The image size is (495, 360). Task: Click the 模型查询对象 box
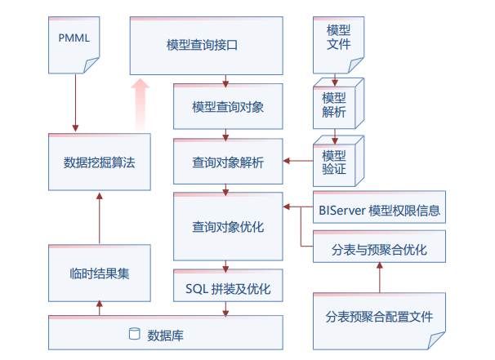(227, 106)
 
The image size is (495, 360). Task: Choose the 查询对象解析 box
(227, 162)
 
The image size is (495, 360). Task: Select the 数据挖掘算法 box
(99, 162)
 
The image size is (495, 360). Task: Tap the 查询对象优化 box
(227, 227)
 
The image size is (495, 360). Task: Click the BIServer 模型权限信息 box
(380, 210)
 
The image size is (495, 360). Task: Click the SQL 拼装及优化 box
(227, 288)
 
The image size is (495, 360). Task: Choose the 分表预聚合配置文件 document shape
(380, 316)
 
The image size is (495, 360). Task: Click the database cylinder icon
(135, 334)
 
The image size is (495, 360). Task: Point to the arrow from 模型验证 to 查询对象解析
(299, 162)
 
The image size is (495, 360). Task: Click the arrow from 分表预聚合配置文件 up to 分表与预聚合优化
(380, 279)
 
